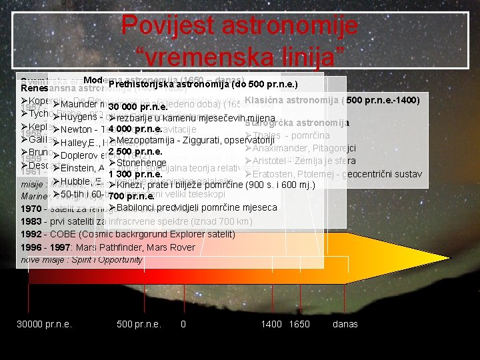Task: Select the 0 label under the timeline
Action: pyautogui.click(x=183, y=324)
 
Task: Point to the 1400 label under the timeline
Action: pyautogui.click(x=271, y=324)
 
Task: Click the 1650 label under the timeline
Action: pyautogui.click(x=299, y=324)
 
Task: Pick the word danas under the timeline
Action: pyautogui.click(x=345, y=324)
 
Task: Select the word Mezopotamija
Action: pyautogui.click(x=149, y=140)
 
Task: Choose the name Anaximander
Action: pyautogui.click(x=283, y=149)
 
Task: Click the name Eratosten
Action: pyautogui.click(x=275, y=174)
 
